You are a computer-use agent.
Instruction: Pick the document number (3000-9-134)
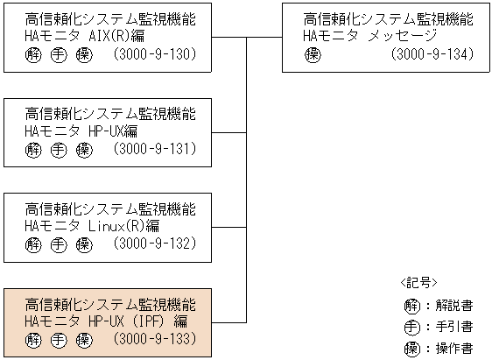point(432,55)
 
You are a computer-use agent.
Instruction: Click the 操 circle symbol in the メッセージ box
point(313,55)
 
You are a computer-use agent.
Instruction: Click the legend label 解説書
point(455,306)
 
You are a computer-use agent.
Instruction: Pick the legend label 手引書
point(455,327)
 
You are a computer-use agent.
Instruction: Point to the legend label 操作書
point(455,348)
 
